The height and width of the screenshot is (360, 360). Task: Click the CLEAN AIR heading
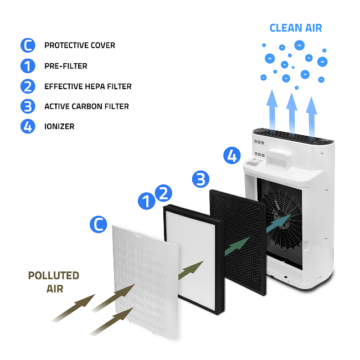pos(296,28)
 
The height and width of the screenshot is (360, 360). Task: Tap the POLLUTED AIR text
pos(54,282)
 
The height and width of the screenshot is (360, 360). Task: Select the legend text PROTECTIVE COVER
pos(80,45)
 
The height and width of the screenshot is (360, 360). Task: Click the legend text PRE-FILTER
pos(66,66)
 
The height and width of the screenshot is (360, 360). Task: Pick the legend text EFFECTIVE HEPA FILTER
pos(88,86)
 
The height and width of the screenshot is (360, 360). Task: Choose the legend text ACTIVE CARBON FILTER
pos(86,106)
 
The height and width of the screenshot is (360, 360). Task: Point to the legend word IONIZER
pos(59,126)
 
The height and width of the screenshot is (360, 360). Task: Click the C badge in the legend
pos(28,45)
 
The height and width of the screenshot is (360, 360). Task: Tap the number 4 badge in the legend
pos(28,126)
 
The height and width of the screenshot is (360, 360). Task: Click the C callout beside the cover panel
pos(98,224)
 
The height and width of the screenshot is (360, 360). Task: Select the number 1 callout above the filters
pos(146,201)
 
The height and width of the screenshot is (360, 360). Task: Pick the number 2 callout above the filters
pos(163,193)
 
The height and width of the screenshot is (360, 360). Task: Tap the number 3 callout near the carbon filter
pos(200,179)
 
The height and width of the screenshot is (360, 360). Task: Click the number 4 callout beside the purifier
pos(232,156)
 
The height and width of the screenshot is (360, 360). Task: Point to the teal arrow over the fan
pos(279,223)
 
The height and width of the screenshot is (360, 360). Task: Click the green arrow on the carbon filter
pos(237,246)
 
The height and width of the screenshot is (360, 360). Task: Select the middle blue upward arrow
pos(292,112)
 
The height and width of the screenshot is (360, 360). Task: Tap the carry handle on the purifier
pos(279,158)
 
